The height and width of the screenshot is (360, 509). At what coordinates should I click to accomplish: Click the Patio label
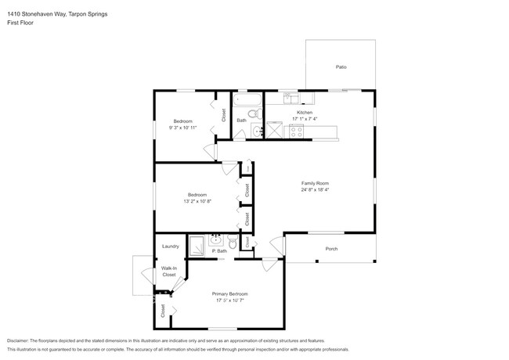pos(341,67)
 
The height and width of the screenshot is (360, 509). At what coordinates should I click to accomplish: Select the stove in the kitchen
pos(297,131)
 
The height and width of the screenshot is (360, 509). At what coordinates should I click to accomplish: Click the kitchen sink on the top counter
pos(291,98)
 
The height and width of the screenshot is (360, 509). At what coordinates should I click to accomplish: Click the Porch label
pos(331,250)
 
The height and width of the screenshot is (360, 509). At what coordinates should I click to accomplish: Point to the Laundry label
pos(171,247)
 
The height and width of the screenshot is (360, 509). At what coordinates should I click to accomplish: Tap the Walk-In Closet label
pos(168,272)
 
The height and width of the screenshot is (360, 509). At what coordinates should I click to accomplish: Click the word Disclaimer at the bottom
pos(21,341)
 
